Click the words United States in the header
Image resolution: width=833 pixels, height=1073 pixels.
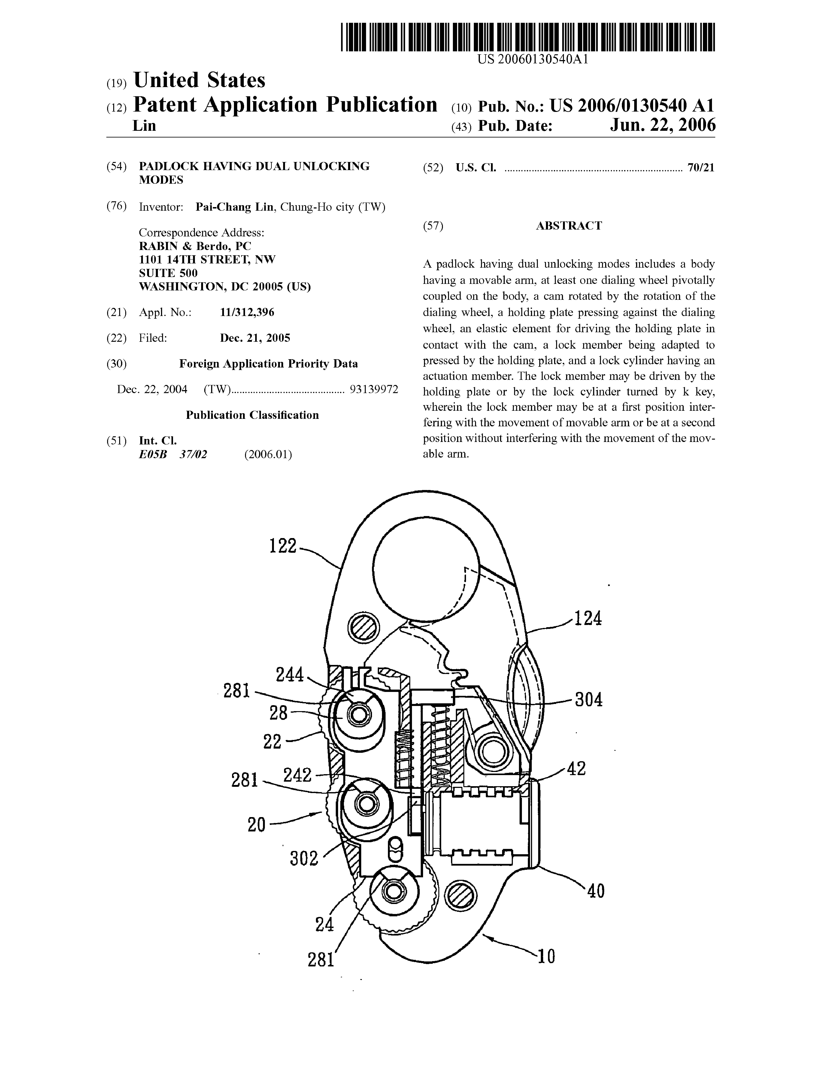[199, 80]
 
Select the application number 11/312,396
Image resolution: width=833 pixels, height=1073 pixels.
[247, 312]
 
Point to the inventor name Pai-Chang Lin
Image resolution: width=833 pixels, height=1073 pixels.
[234, 207]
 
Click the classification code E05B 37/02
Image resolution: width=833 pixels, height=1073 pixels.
[173, 454]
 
